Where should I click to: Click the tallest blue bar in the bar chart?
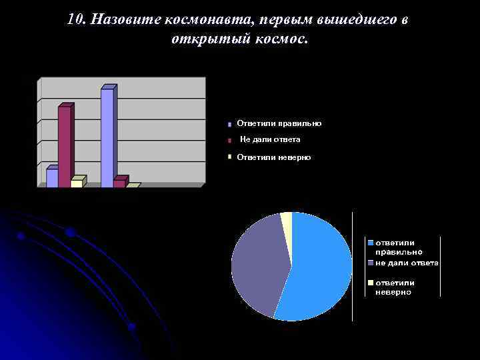107,137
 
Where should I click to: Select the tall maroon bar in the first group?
64,146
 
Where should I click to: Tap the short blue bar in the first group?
51,178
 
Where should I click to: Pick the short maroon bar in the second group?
119,183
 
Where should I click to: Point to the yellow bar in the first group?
77,183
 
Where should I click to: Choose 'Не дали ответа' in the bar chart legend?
270,139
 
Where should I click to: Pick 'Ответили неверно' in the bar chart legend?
273,157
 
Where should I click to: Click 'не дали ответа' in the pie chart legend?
407,263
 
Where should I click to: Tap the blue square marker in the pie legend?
371,241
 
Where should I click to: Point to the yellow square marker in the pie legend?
371,283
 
